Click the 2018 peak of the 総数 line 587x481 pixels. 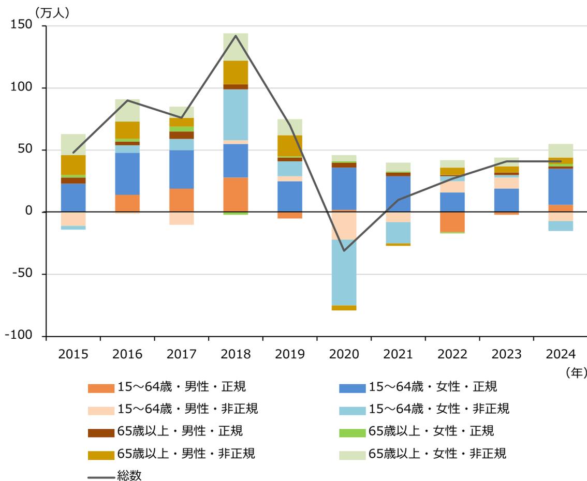[236, 36]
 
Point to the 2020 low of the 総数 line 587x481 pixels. [344, 250]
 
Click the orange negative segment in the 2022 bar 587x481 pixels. [452, 222]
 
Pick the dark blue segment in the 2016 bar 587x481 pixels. [127, 174]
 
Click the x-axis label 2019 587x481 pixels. [290, 354]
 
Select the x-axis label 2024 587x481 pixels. [561, 354]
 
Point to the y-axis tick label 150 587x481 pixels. [21, 25]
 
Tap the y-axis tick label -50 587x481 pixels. [21, 274]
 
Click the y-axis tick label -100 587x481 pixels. [18, 336]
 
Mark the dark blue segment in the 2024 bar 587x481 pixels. [561, 186]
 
